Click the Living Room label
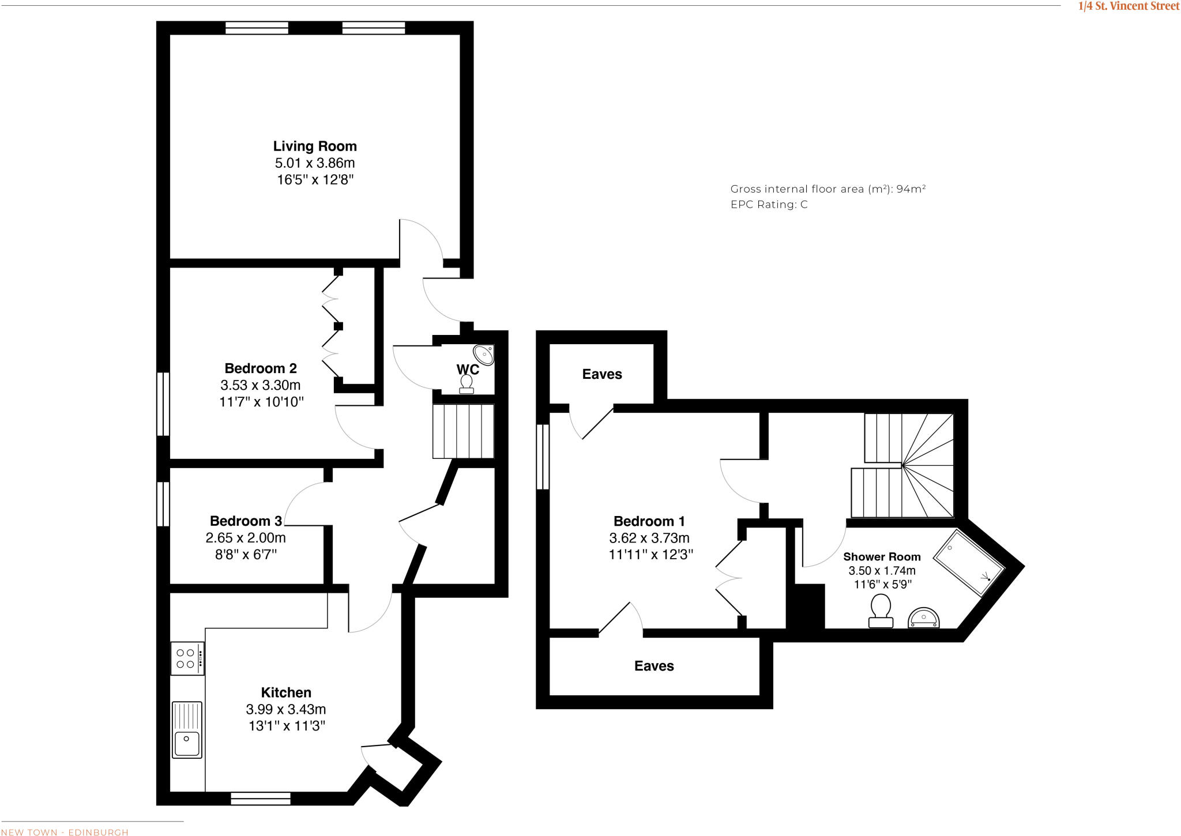pyautogui.click(x=315, y=146)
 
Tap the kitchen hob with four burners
pyautogui.click(x=187, y=658)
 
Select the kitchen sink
pyautogui.click(x=187, y=729)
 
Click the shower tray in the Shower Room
pyautogui.click(x=969, y=563)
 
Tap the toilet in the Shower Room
pyautogui.click(x=881, y=612)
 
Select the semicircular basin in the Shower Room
pyautogui.click(x=924, y=619)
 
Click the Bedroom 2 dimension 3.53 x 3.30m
pyautogui.click(x=261, y=385)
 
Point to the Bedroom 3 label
pyautogui.click(x=246, y=521)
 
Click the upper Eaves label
pyautogui.click(x=602, y=375)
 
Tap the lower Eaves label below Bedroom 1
pyautogui.click(x=654, y=666)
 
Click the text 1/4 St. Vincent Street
pyautogui.click(x=1129, y=6)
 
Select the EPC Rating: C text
pyautogui.click(x=769, y=205)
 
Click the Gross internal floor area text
pyautogui.click(x=828, y=189)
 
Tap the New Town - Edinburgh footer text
pyautogui.click(x=65, y=832)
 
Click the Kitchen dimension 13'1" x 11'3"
pyautogui.click(x=287, y=726)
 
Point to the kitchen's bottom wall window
pyautogui.click(x=261, y=799)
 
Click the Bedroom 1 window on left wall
pyautogui.click(x=543, y=457)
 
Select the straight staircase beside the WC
pyautogui.click(x=464, y=431)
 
